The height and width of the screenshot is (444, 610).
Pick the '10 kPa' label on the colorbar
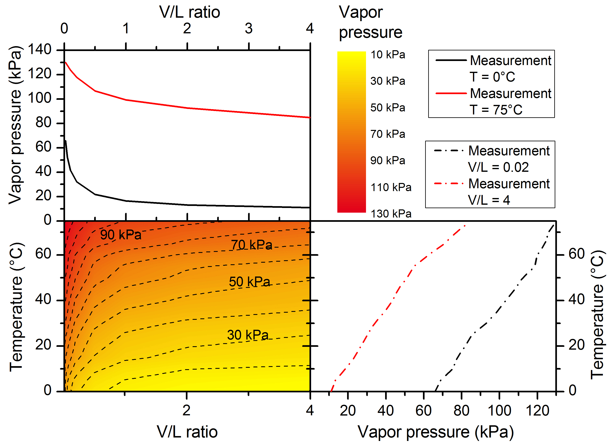click(388, 55)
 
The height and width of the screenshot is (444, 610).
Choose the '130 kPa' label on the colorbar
click(391, 214)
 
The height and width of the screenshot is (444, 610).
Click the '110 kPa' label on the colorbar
click(391, 187)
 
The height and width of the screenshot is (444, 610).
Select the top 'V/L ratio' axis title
click(190, 12)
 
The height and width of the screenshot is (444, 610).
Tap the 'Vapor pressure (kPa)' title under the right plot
click(436, 432)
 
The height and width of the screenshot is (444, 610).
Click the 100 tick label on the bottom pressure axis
click(499, 411)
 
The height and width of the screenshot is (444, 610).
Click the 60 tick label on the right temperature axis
click(576, 254)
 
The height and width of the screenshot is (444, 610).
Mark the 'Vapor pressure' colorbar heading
click(370, 22)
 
